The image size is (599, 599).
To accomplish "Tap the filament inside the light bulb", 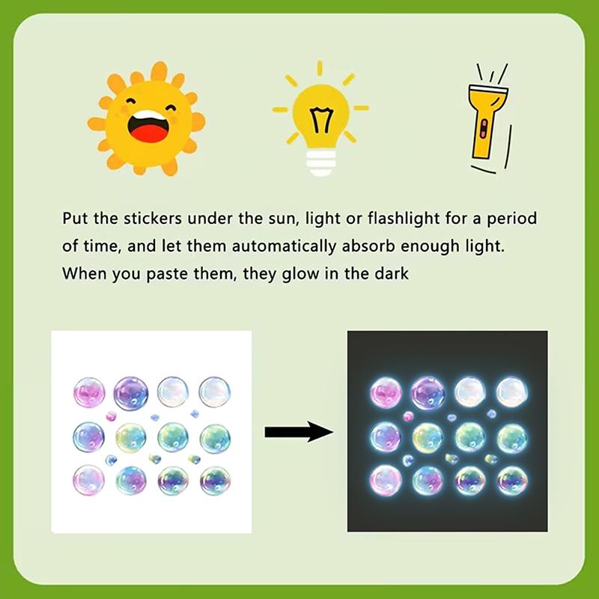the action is click(321, 120).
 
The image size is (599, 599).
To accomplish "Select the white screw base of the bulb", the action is click(321, 162).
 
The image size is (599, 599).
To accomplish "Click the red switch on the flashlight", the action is click(483, 129).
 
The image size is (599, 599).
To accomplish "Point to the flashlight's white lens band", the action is click(489, 91).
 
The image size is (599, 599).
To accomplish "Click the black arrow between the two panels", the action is click(299, 432).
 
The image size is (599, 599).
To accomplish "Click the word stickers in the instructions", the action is click(153, 219).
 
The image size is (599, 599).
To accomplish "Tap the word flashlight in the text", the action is click(404, 219).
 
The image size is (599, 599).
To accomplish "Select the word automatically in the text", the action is click(284, 246).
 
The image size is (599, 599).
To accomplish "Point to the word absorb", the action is click(368, 246).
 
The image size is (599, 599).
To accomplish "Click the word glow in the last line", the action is click(300, 275).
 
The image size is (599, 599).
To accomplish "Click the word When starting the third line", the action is click(85, 273).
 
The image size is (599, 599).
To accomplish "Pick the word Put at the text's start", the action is click(76, 219).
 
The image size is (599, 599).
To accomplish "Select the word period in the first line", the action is click(512, 219).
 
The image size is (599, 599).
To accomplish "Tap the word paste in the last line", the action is click(168, 275).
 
